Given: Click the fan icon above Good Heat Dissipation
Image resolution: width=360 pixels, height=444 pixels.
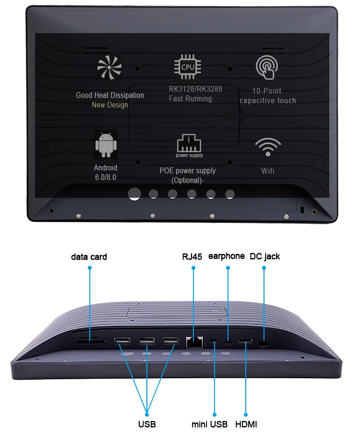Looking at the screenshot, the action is (x=109, y=68).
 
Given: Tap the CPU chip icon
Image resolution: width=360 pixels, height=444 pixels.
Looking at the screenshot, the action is (x=188, y=67).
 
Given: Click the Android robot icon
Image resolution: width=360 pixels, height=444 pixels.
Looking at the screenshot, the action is (x=106, y=144).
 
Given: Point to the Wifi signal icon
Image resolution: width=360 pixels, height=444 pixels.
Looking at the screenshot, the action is (x=267, y=147).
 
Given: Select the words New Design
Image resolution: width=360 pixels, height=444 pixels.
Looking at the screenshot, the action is (x=109, y=105).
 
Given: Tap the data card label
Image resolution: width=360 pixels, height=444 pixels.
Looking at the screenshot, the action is (x=89, y=257).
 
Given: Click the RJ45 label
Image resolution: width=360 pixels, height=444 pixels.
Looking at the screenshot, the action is (x=192, y=256).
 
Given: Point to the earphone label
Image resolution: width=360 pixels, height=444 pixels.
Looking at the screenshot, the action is (x=226, y=256).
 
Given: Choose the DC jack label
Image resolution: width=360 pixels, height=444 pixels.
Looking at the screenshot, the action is (x=264, y=256).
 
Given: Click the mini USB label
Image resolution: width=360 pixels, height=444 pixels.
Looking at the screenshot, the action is (x=209, y=424).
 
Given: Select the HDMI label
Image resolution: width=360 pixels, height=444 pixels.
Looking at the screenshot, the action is (x=246, y=424).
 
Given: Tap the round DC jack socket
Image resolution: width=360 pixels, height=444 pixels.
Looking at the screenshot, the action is (x=263, y=343).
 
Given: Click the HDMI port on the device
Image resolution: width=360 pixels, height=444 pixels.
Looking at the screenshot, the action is (x=246, y=341).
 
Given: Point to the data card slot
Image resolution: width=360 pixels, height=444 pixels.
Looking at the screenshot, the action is (x=90, y=342).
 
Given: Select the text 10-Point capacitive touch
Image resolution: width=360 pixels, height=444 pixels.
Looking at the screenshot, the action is (x=267, y=96).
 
